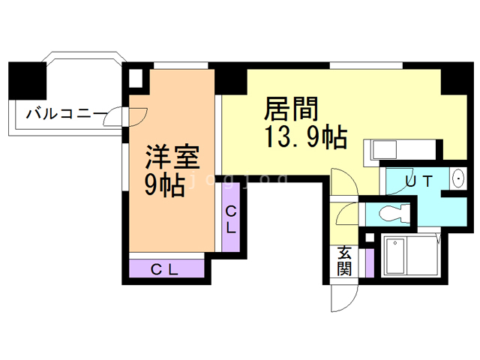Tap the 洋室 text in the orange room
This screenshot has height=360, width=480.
click(172, 158)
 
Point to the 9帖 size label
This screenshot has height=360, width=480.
click(164, 184)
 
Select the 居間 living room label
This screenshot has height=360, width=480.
click(291, 110)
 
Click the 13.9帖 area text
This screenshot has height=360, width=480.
click(304, 138)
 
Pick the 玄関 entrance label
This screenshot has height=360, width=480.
click(344, 259)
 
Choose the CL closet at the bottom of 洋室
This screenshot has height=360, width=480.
click(166, 269)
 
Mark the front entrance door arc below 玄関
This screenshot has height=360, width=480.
click(341, 298)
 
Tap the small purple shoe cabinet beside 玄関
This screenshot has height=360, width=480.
click(369, 262)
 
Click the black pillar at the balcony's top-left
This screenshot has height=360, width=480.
click(22, 78)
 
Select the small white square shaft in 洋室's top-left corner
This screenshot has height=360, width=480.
click(136, 77)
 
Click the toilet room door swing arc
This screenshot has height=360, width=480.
click(346, 214)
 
